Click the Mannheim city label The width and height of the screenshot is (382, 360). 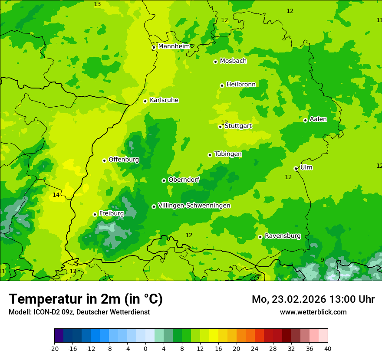point(174,46)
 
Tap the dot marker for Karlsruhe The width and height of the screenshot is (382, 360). point(145,101)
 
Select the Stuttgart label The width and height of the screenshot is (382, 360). point(238,126)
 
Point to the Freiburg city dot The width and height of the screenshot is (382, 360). point(95,214)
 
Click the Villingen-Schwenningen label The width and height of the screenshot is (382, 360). point(194,206)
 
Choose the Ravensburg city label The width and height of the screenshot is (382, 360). point(283,236)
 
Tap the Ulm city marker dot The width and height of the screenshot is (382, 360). point(296,169)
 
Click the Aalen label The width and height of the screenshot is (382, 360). point(318,119)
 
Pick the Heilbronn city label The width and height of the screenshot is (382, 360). point(241,84)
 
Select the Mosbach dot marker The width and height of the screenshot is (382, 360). point(215,62)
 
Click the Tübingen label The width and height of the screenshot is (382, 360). point(228,154)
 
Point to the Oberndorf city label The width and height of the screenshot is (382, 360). point(184,180)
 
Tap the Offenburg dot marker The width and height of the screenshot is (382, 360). point(104,160)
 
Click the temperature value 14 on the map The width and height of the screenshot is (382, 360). point(56,195)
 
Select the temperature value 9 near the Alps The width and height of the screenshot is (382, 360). point(322,260)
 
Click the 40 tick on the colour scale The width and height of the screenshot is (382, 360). point(327,348)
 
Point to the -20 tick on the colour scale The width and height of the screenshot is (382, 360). point(54,348)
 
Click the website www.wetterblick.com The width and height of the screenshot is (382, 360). point(313,312)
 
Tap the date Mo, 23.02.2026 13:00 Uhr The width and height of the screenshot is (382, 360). point(313,299)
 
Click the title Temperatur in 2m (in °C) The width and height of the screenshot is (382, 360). point(86,299)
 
